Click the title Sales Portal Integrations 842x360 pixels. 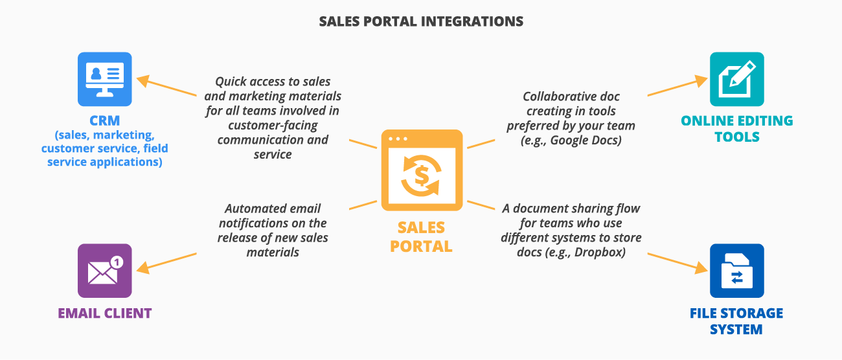click(x=421, y=21)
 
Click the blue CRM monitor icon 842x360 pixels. click(x=104, y=79)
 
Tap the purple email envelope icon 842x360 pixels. click(x=104, y=271)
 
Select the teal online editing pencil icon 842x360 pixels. click(x=736, y=79)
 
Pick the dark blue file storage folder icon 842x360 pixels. click(x=736, y=271)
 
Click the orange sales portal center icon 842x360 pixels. click(x=422, y=170)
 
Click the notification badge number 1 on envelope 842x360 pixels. click(x=116, y=262)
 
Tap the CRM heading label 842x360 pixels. click(x=104, y=121)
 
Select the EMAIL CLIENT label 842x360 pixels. click(x=104, y=313)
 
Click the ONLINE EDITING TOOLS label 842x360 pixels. click(x=736, y=129)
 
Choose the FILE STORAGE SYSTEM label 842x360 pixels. click(x=736, y=321)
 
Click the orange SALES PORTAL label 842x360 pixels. click(x=422, y=237)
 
